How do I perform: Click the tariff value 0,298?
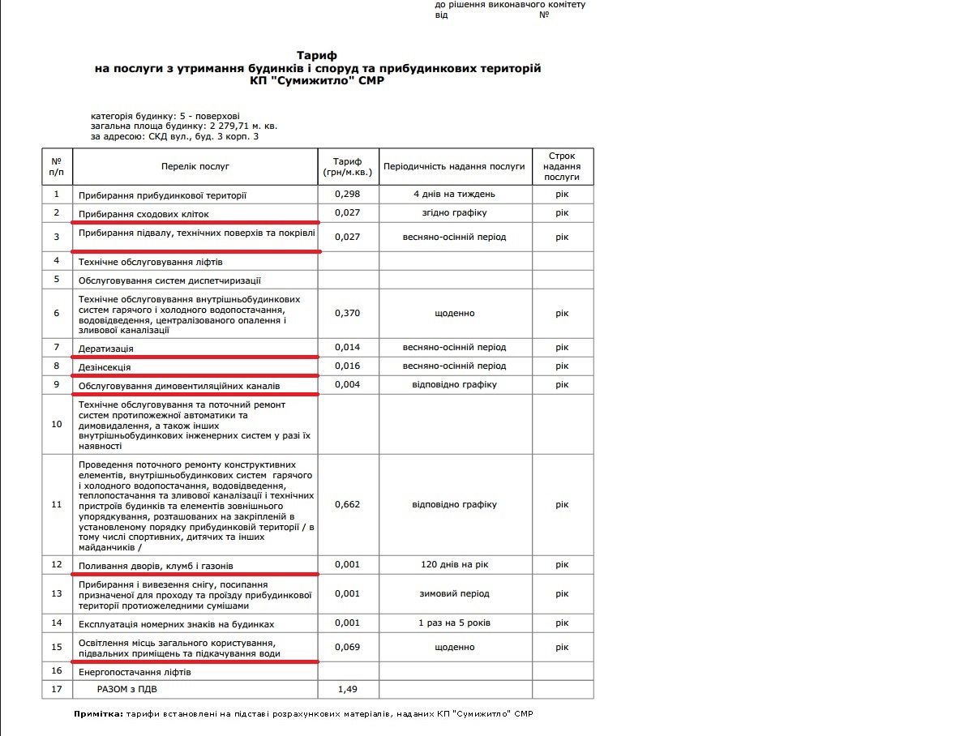click(347, 195)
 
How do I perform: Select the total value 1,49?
click(347, 690)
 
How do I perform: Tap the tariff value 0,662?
click(347, 504)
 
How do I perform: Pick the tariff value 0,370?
click(347, 313)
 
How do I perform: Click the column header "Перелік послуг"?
click(195, 166)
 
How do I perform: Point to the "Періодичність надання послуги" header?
click(454, 166)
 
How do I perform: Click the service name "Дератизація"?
click(106, 349)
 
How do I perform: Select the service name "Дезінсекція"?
click(105, 367)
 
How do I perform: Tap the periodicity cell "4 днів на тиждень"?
click(454, 195)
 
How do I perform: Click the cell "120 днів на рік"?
click(454, 565)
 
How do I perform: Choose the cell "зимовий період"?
click(454, 593)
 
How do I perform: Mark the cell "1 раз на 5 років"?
click(454, 623)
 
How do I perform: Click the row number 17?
click(57, 690)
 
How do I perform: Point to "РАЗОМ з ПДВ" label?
click(127, 690)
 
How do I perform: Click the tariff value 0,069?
click(347, 648)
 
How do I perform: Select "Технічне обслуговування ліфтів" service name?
click(150, 262)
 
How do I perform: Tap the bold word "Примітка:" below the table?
click(98, 714)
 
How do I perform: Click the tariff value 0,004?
click(347, 384)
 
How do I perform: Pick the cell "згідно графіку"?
click(454, 213)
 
